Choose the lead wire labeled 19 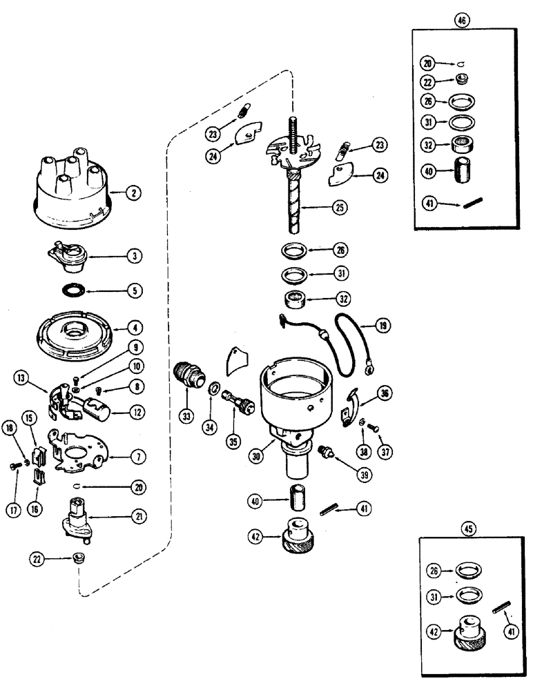345,338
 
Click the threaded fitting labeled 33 187,377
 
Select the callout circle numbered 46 461,20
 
